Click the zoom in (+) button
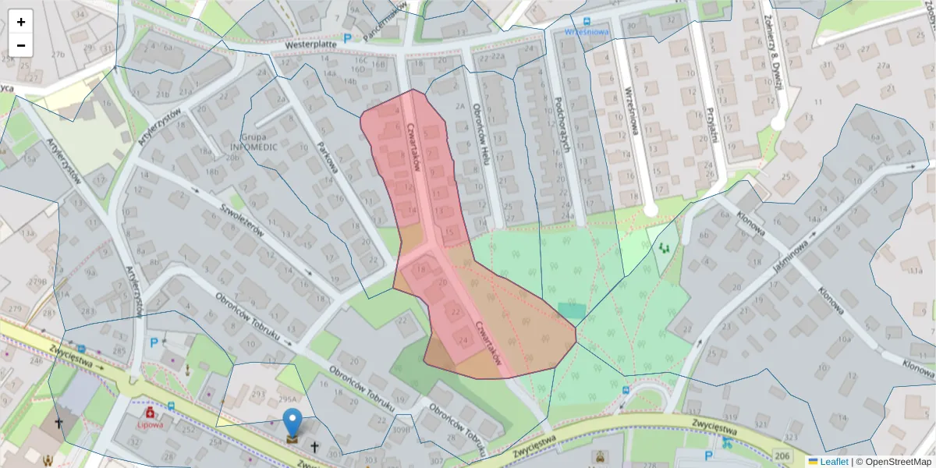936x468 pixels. point(21,22)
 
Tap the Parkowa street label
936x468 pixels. point(327,157)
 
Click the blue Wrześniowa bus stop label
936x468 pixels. point(586,33)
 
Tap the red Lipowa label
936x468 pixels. point(149,426)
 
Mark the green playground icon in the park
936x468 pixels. point(665,248)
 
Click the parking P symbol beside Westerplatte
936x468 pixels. point(347,37)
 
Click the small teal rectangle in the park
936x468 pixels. point(571,310)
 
